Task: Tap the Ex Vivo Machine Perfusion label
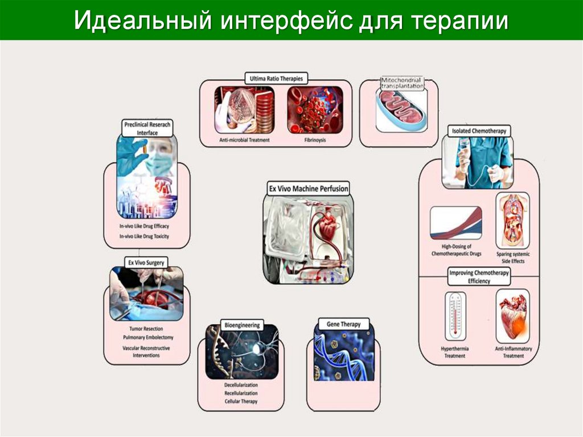coord(308,188)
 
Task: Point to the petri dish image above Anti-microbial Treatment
coord(244,109)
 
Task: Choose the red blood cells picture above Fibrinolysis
coord(314,109)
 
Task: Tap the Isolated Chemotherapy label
coord(479,132)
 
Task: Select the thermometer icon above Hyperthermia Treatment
coord(455,316)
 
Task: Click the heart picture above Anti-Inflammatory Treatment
coord(512,316)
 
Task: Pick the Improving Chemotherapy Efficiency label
coord(479,277)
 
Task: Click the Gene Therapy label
coord(343,324)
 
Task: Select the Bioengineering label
coord(242,325)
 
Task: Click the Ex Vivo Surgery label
coord(146,263)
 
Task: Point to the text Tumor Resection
coord(146,329)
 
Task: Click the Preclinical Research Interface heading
coord(147,128)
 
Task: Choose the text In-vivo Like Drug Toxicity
coord(144,235)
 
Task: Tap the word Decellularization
coord(241,385)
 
